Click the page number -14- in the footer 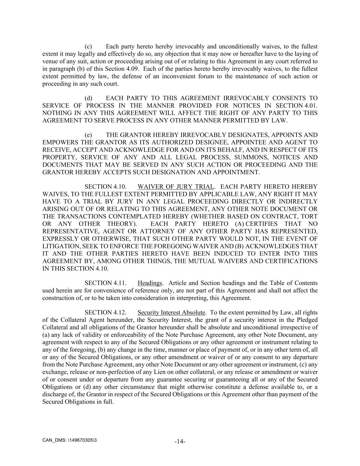tap(180, 441)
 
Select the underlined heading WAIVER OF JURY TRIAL tap(176, 187)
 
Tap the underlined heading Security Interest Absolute tap(171, 312)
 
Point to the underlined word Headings tap(149, 283)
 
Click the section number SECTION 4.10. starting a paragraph tap(105, 187)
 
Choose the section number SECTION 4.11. tap(105, 283)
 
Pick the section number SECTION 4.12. tap(105, 312)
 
